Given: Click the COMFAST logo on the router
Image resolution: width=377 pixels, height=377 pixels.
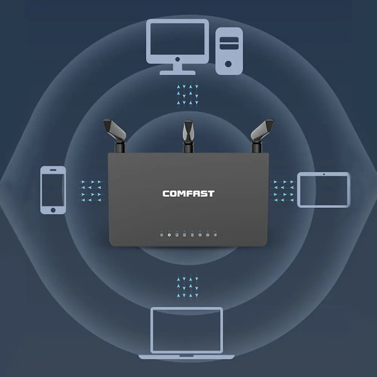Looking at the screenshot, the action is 188,194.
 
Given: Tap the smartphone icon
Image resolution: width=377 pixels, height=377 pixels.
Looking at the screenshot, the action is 53,190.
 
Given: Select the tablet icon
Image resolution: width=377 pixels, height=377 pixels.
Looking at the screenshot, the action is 323,190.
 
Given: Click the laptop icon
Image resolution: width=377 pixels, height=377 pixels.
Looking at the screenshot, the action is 186,333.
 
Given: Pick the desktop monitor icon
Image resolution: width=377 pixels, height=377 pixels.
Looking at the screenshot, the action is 178,47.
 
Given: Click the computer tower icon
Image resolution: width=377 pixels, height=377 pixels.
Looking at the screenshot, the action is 229,51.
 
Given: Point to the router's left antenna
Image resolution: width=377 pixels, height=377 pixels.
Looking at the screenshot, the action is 115,136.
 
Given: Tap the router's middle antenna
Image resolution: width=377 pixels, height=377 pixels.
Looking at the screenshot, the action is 188,136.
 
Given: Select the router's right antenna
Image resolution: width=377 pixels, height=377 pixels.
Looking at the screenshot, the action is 261,136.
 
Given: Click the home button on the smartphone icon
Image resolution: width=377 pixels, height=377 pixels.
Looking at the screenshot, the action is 53,210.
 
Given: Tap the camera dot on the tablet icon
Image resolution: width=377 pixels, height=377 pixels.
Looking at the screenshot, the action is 323,174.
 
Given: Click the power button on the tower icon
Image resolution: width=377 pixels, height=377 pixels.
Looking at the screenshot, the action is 228,64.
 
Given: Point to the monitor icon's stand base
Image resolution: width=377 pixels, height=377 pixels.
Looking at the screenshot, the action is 178,73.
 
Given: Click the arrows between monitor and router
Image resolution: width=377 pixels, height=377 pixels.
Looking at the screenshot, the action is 187,94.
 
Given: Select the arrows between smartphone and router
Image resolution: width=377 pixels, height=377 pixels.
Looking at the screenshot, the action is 91,191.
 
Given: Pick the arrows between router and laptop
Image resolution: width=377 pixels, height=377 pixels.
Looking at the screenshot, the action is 187,287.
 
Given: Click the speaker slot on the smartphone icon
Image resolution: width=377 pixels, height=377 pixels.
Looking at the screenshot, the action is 53,170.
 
